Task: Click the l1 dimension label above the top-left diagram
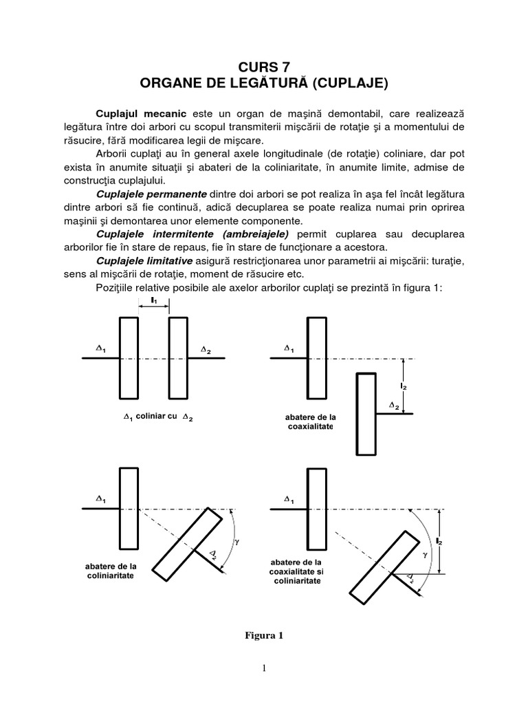point(154,300)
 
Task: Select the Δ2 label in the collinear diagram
point(206,351)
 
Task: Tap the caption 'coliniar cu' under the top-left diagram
point(157,417)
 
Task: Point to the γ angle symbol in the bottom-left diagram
point(238,542)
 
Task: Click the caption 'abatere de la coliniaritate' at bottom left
point(109,571)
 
